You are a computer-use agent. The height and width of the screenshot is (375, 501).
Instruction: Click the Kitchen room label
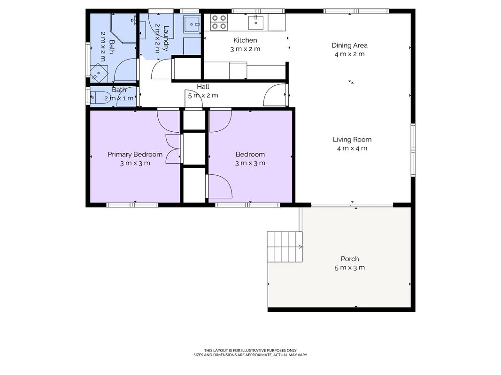[x=245, y=40]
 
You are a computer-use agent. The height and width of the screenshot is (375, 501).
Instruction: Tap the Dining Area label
[x=349, y=45]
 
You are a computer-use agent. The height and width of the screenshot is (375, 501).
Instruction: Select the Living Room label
[x=352, y=139]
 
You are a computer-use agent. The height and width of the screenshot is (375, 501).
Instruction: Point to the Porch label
[x=350, y=259]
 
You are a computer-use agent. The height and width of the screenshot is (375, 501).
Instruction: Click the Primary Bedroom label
[x=135, y=154]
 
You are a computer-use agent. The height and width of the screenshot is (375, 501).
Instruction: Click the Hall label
[x=203, y=86]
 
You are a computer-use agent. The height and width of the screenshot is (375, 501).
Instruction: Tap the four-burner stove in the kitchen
[x=219, y=22]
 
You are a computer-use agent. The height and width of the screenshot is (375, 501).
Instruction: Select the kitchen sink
[x=256, y=21]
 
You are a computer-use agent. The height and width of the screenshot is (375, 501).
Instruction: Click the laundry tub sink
[x=192, y=24]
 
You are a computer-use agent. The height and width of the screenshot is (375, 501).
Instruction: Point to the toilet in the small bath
[x=100, y=97]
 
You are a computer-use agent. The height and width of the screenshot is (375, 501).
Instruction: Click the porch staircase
[x=285, y=247]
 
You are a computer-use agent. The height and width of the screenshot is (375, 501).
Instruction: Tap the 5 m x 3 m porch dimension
[x=349, y=268]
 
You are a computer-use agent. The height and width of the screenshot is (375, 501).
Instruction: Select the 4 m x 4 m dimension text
[x=352, y=148]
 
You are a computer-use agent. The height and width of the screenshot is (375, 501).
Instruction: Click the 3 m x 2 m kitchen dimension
[x=245, y=49]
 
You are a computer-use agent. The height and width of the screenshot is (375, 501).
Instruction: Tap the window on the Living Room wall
[x=413, y=150]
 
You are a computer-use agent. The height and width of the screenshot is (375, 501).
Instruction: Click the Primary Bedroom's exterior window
[x=132, y=205]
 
